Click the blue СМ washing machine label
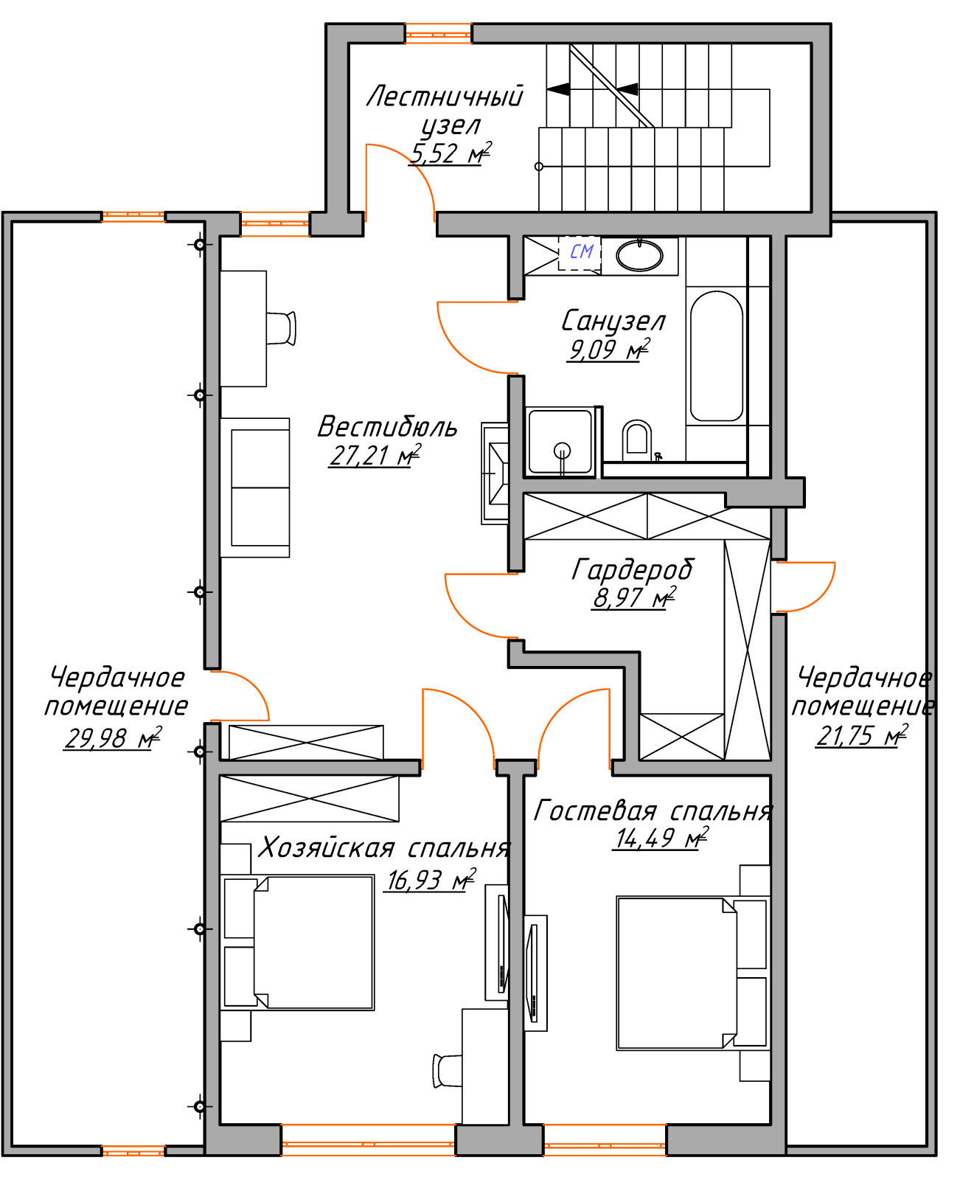(x=581, y=251)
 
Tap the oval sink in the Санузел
(x=639, y=256)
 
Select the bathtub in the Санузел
(x=716, y=356)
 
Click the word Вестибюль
(x=387, y=427)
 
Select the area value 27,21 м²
(x=375, y=455)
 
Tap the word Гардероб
(x=632, y=570)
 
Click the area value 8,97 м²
(x=634, y=598)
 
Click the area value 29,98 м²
(x=113, y=738)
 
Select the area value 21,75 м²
(x=861, y=736)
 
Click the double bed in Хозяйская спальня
(x=298, y=943)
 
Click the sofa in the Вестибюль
(x=255, y=487)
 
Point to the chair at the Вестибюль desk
(x=281, y=328)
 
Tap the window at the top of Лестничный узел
(x=438, y=33)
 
